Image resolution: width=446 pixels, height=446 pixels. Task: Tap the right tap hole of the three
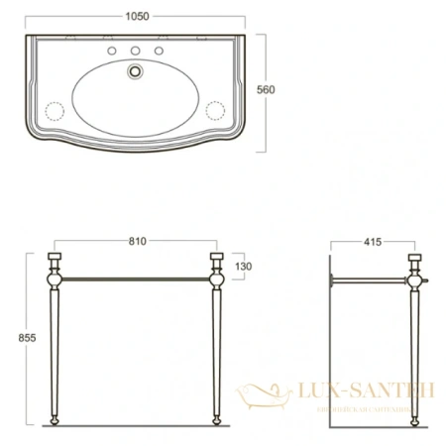click(160, 53)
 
